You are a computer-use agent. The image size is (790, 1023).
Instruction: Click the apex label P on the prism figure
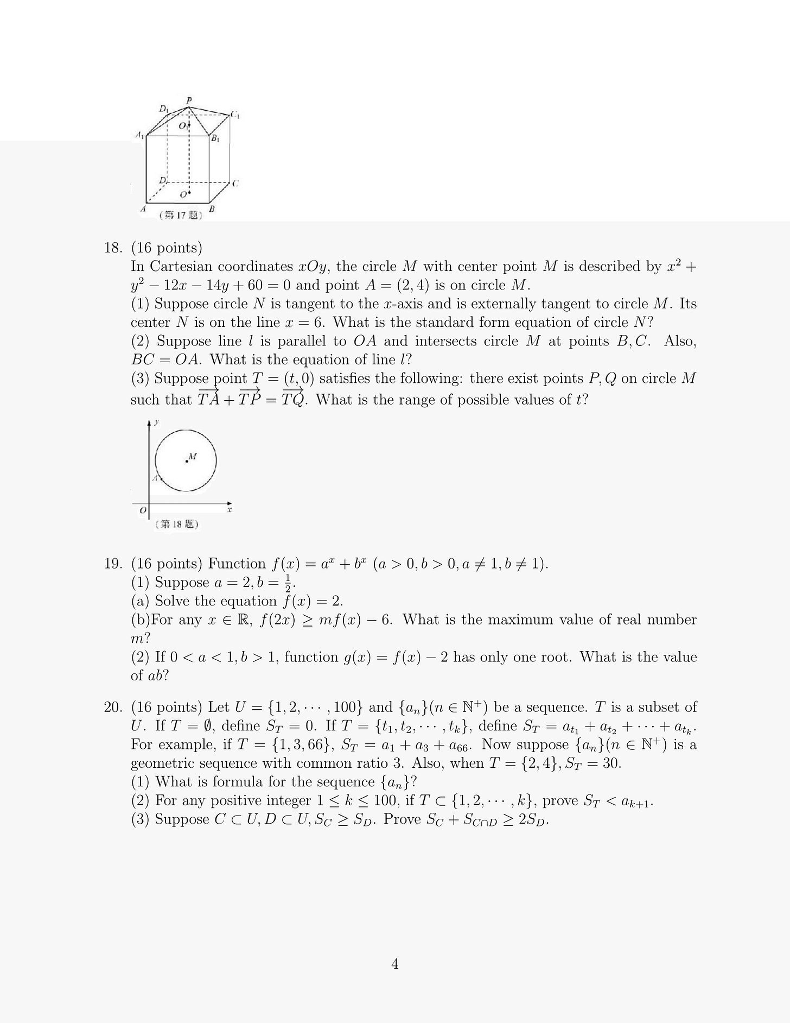[x=189, y=100]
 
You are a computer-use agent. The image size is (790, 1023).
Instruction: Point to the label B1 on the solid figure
[x=215, y=139]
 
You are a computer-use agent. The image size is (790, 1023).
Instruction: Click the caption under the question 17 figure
[x=181, y=216]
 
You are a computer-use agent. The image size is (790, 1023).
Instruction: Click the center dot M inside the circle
[x=187, y=461]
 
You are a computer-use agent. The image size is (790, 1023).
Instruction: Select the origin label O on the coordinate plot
[x=143, y=510]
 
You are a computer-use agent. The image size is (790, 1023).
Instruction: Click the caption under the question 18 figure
[x=176, y=525]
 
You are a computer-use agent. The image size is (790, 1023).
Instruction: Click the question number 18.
[x=112, y=248]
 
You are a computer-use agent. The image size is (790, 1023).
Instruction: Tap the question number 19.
[x=112, y=564]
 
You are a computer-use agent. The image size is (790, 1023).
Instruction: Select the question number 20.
[x=112, y=707]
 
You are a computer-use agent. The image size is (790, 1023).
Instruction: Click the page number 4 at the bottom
[x=395, y=964]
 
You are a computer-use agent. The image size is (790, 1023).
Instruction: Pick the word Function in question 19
[x=237, y=564]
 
